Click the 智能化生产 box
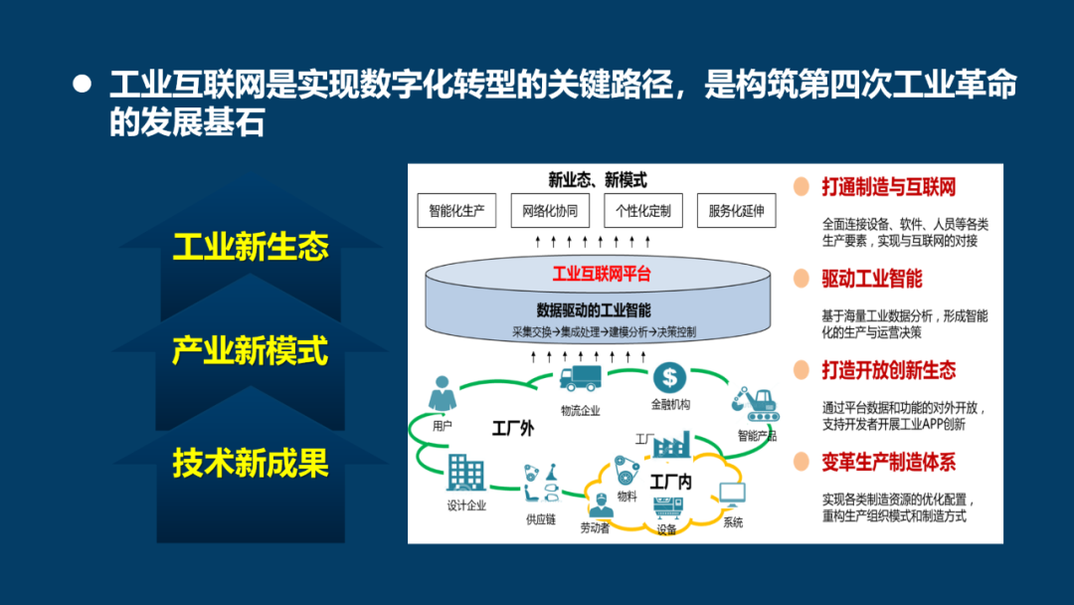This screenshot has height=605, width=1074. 456,211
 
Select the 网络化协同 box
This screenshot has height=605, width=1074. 549,211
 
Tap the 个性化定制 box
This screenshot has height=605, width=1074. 642,211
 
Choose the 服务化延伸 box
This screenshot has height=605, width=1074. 736,211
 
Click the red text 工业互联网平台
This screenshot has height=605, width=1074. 601,274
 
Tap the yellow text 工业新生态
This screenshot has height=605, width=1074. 251,247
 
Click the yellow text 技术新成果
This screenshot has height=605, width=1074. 251,463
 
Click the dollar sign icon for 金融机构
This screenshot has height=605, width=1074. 670,378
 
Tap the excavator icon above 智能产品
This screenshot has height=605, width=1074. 756,402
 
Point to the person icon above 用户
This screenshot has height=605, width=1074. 443,394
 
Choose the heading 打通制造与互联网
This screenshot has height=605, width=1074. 888,187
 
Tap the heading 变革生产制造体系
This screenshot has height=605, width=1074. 888,462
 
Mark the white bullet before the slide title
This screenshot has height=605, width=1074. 83,84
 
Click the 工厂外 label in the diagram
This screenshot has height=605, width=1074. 512,429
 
